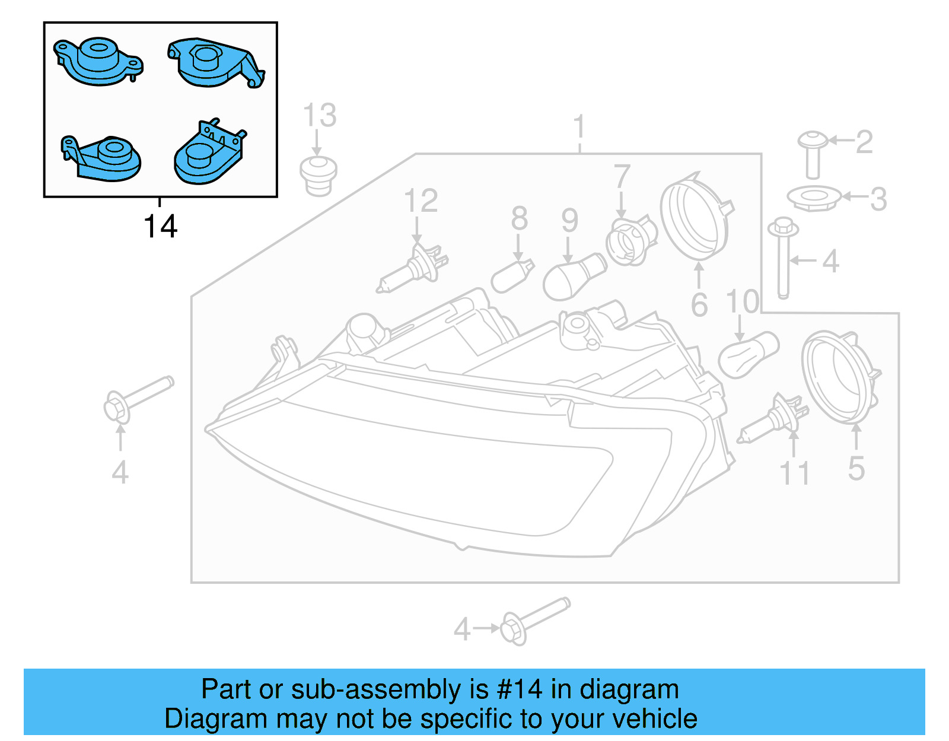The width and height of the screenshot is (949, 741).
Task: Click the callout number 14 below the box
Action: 160,227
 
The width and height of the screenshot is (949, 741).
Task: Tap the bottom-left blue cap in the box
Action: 102,158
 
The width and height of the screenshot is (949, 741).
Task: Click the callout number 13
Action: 320,115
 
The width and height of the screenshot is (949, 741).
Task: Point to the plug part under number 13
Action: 319,175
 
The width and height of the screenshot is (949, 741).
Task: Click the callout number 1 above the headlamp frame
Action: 579,128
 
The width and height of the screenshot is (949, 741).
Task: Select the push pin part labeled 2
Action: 813,154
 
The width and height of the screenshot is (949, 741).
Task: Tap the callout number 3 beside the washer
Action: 878,199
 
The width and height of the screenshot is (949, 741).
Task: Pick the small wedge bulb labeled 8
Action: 512,277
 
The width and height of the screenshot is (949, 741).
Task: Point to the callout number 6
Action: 699,305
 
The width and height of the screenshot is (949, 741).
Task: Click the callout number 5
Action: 856,469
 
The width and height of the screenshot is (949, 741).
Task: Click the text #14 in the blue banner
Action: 520,689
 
